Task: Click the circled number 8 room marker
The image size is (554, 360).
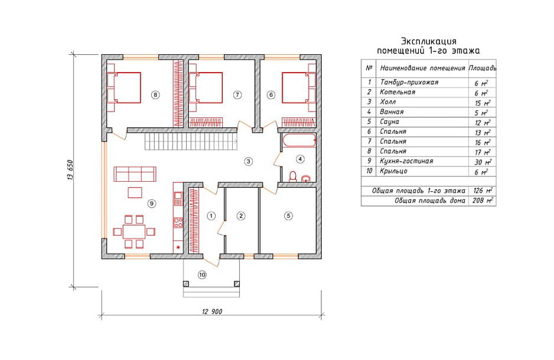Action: pos(155,94)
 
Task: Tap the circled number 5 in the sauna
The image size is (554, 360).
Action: pos(289,215)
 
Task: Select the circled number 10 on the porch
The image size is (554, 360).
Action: pos(202,274)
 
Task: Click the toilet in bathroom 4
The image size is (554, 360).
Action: pos(293,176)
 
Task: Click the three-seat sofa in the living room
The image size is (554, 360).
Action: pos(135,174)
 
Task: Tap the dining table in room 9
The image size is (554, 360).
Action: pos(134,231)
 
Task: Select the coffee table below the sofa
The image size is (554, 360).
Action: pos(135,192)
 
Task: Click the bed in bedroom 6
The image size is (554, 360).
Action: pos(298,88)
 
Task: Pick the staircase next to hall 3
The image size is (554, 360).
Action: pos(191,142)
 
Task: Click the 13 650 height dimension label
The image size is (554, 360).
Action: pos(70,171)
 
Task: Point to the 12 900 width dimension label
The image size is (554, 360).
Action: pos(212,312)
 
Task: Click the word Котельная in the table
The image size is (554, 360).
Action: pos(397,92)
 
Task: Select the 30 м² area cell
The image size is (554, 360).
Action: pos(483,162)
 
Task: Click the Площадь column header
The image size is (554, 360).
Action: pos(483,68)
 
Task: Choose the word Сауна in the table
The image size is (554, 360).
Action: pos(389,122)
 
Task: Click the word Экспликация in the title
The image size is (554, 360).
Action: pos(429,41)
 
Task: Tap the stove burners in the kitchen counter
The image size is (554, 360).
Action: pos(178,222)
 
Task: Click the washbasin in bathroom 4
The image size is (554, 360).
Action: pos(306,178)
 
